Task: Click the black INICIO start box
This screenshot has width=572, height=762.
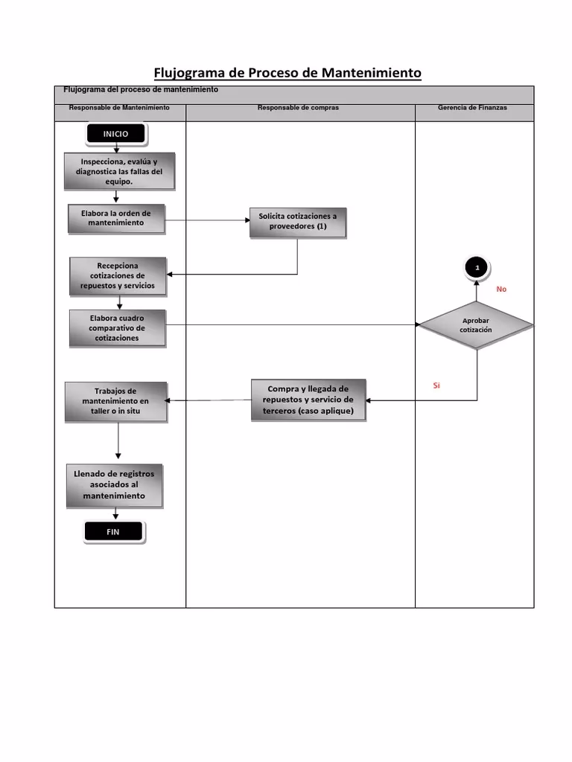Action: click(x=116, y=134)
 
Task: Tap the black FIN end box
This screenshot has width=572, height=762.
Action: click(x=113, y=531)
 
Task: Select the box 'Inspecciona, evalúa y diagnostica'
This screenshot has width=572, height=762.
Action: click(x=119, y=171)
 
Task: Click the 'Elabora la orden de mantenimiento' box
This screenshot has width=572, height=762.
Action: click(x=116, y=218)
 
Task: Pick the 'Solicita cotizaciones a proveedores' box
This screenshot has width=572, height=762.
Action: click(x=298, y=222)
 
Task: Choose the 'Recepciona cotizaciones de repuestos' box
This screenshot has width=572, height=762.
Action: click(x=118, y=275)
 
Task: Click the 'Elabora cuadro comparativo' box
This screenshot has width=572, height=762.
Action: click(x=117, y=328)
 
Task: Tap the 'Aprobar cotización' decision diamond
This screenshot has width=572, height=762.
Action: click(x=477, y=325)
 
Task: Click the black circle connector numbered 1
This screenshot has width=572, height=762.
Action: click(x=477, y=267)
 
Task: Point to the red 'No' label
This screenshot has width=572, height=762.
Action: click(x=501, y=289)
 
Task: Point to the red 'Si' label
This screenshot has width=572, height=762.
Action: click(x=436, y=385)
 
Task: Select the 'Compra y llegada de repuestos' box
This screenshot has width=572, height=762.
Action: click(x=308, y=400)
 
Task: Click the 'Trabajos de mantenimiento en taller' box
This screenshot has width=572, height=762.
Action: click(x=115, y=401)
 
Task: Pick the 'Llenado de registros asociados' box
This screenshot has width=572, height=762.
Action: click(x=114, y=485)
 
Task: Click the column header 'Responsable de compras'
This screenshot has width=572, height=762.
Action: click(x=298, y=108)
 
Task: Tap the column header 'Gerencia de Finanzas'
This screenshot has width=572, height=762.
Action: click(x=472, y=108)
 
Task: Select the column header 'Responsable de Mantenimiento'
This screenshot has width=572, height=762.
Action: click(x=119, y=108)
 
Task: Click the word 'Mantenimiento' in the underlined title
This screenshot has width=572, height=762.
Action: click(x=372, y=73)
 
